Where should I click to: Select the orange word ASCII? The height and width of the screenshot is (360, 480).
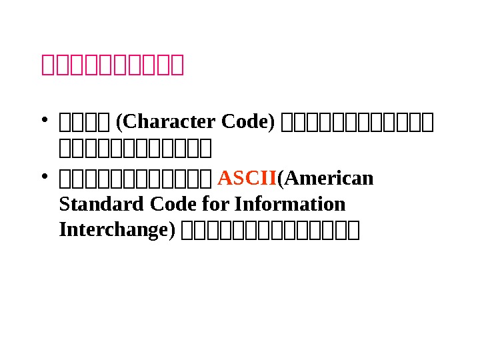[247, 179]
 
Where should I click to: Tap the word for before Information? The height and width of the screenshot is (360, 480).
[201, 204]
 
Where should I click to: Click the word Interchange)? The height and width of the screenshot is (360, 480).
[117, 229]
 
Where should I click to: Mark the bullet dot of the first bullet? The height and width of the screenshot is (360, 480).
[43, 121]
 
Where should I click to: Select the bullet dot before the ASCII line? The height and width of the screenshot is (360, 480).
[43, 177]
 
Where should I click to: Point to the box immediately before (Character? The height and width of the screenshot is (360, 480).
[109, 123]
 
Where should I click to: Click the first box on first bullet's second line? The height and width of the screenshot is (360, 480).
[64, 145]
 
